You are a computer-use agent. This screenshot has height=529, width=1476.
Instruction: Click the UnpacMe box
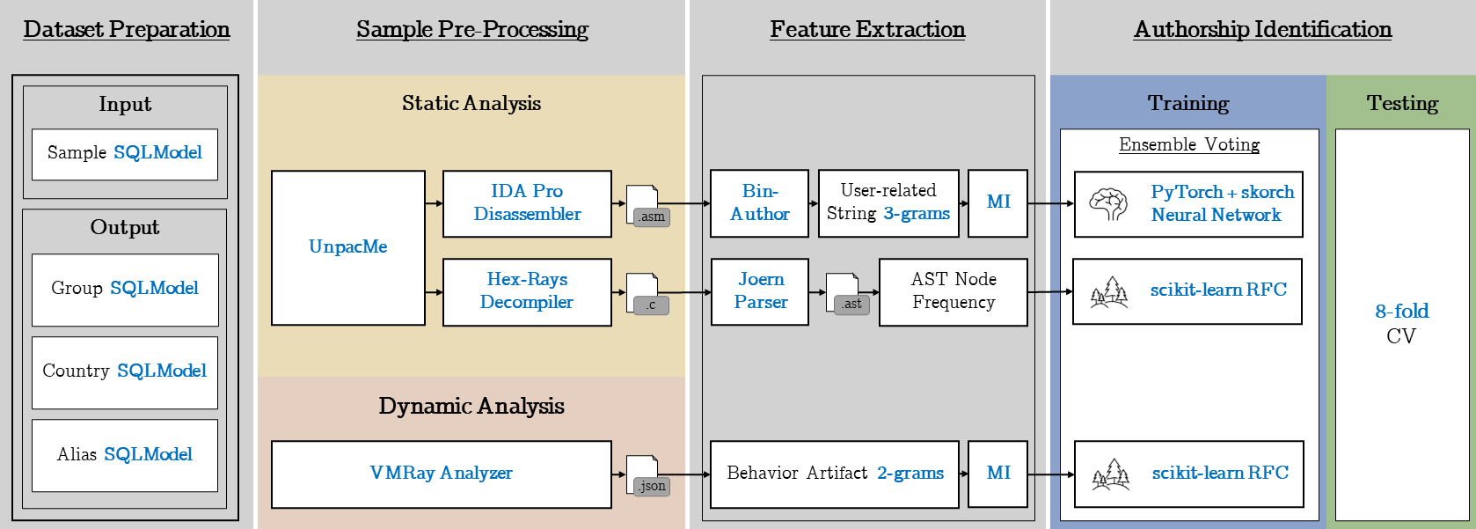coord(347,247)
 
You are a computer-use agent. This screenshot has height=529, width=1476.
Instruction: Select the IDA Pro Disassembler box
coord(527,203)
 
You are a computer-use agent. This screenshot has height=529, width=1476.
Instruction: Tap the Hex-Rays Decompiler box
coord(527,291)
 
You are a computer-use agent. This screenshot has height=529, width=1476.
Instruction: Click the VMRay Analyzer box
coord(441,474)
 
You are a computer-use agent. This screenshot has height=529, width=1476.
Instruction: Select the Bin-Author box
coord(759,203)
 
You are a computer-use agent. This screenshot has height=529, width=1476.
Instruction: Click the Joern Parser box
coord(759,291)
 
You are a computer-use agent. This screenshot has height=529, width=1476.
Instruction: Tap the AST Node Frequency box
coord(953,291)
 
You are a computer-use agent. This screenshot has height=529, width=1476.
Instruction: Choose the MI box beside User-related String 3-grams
coord(997,203)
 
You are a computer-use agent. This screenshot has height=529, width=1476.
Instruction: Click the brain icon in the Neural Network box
coord(1107,203)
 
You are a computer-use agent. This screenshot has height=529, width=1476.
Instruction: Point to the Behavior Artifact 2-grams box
coord(834,474)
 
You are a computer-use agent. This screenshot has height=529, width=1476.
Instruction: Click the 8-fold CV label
coord(1401,323)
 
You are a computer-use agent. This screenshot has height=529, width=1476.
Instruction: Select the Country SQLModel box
coord(124,371)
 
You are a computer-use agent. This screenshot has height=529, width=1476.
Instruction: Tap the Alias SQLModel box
coord(124,455)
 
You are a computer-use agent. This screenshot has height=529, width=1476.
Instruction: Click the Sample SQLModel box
coord(124,154)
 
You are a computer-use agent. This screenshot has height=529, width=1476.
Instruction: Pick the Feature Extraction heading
coord(867,30)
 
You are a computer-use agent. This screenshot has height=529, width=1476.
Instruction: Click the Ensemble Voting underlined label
coord(1188,144)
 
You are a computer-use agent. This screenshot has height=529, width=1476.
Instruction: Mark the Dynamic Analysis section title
coord(471,406)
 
